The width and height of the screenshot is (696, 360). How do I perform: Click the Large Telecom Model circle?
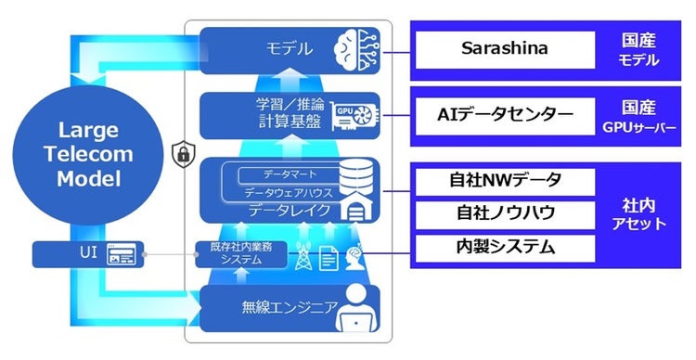click(x=84, y=155)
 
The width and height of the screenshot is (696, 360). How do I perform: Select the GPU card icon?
click(x=355, y=116)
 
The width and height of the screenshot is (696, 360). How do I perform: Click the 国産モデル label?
click(x=639, y=50)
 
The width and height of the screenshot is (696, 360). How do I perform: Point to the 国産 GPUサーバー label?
click(x=639, y=116)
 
